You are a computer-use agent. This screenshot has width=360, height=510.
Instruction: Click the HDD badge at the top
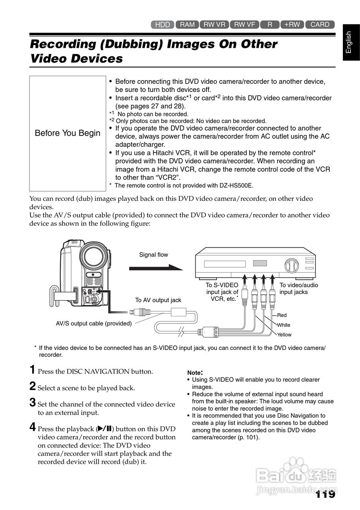click(x=162, y=25)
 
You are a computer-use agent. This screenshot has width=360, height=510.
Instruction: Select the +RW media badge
click(x=292, y=25)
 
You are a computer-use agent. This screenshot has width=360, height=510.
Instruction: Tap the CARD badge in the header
click(x=320, y=25)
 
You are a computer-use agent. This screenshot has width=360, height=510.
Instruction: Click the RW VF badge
click(x=244, y=25)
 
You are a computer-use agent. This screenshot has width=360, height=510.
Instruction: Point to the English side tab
click(x=349, y=42)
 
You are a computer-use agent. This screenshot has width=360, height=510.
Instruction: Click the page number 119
click(x=325, y=494)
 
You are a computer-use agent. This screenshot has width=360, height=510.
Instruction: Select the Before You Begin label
click(x=68, y=133)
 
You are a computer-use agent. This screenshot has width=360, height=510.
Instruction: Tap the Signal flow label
click(x=153, y=255)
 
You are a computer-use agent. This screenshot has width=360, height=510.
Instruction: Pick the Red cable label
click(x=282, y=315)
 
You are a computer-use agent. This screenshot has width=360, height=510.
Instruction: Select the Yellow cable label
click(x=284, y=335)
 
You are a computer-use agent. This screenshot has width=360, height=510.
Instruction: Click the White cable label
click(x=284, y=325)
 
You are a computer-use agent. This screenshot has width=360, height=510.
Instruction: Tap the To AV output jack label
click(x=158, y=300)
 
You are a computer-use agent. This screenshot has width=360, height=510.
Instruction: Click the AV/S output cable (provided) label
click(x=94, y=324)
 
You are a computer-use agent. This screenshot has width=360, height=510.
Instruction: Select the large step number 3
click(x=33, y=402)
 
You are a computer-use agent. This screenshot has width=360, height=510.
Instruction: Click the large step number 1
click(x=33, y=370)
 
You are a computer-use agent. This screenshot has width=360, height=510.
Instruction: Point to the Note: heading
click(x=195, y=373)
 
